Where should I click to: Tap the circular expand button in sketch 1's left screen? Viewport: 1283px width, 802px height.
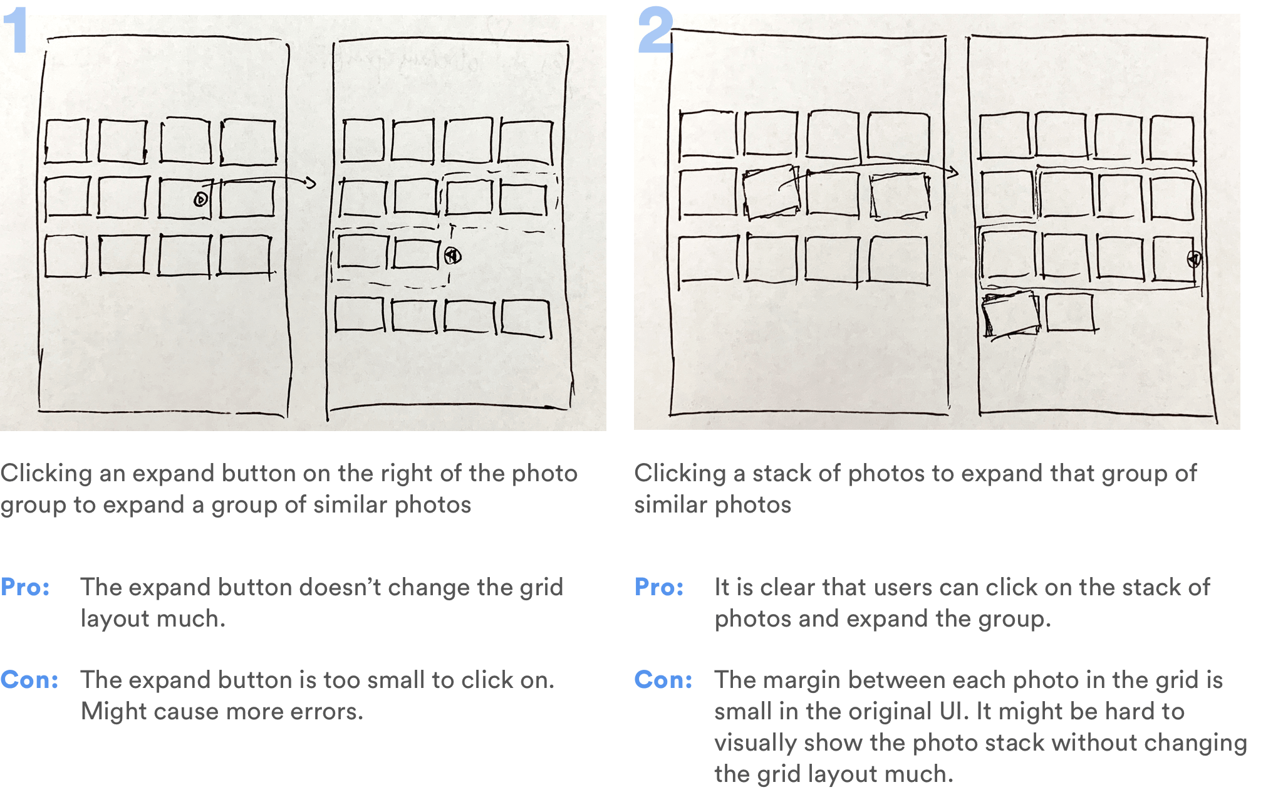coord(200,200)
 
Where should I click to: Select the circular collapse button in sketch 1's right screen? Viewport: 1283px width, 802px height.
coord(453,256)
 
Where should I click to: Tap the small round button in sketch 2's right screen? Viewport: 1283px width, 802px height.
coord(1194,259)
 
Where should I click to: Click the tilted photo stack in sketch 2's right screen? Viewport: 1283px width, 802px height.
coord(1010,315)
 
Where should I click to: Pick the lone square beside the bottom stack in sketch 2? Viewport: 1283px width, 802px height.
coord(1070,312)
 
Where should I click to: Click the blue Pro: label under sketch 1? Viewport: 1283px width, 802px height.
coord(26,587)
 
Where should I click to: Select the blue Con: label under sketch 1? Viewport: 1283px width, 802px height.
coord(29,680)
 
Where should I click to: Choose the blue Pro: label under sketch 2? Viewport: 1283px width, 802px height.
coord(659,587)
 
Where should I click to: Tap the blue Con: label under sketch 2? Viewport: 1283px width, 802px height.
coord(663,680)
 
